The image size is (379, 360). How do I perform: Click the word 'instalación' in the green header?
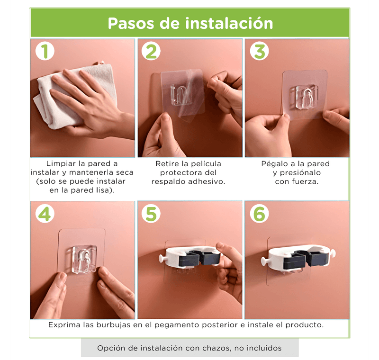click(x=229, y=23)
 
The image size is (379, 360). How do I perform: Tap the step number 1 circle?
click(x=45, y=51)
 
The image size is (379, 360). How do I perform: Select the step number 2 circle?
click(x=151, y=51)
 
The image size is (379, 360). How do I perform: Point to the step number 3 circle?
click(x=260, y=51)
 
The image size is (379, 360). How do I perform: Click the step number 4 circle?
click(x=45, y=214)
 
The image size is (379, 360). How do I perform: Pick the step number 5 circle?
click(x=151, y=214)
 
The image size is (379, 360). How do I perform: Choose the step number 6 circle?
click(x=260, y=214)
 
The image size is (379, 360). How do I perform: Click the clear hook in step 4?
click(x=81, y=259)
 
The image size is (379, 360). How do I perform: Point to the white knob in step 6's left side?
click(x=265, y=261)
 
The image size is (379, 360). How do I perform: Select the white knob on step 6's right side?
click(x=332, y=253)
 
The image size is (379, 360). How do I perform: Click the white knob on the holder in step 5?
click(x=162, y=258)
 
